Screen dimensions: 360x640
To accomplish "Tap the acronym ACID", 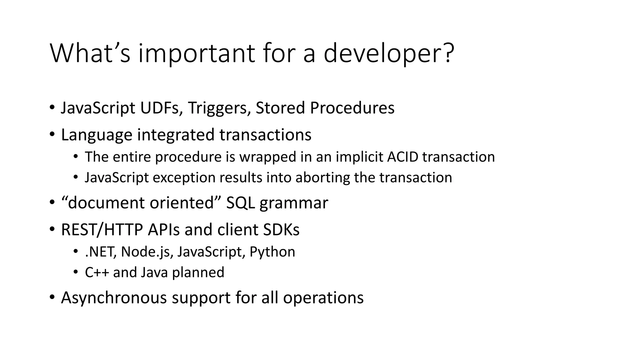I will click(402, 157).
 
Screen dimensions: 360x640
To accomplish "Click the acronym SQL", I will click(240, 203).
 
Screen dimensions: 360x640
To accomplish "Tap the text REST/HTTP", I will click(102, 230).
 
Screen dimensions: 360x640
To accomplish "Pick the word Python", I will click(272, 252).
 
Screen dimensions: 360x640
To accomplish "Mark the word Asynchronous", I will click(114, 297).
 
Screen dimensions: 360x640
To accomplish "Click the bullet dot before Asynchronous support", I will click(52, 297).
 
